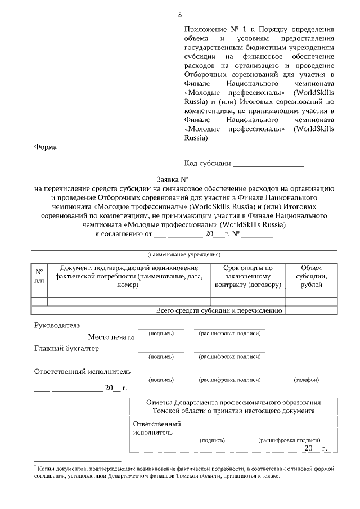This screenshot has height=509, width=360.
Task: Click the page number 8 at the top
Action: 179,15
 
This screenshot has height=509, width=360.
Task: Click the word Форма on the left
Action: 46,147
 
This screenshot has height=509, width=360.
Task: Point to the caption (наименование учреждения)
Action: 184,255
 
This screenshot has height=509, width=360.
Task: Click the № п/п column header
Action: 39,276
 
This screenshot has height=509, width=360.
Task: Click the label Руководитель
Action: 57,325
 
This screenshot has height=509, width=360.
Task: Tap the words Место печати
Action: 111,337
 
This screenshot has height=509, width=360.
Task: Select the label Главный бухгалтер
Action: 66,349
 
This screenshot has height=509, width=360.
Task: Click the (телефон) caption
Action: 306,380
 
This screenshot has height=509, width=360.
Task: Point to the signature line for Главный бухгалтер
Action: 161,352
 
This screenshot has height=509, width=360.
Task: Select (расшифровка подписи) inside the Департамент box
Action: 289,441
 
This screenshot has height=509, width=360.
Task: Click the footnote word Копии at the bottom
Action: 48,468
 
